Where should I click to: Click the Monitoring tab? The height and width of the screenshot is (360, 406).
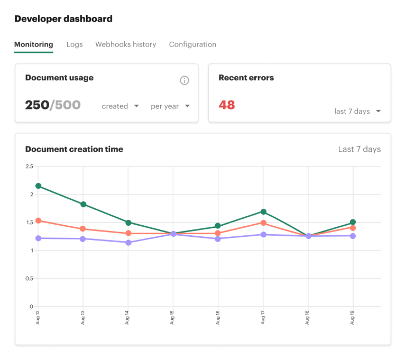click(x=33, y=44)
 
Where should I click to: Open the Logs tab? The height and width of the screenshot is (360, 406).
click(x=75, y=44)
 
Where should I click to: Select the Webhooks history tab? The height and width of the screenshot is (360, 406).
click(x=125, y=44)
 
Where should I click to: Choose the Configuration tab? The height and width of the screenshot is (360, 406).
click(x=192, y=44)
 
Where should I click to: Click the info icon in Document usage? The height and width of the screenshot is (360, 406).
click(x=184, y=80)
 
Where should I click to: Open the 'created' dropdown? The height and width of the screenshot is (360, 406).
click(x=120, y=106)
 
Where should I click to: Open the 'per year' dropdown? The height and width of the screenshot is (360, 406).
click(x=170, y=106)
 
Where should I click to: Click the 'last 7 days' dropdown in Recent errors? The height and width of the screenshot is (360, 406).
click(x=357, y=112)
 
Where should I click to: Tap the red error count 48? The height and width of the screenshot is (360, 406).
click(x=227, y=105)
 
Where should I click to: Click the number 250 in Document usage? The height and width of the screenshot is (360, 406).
click(x=37, y=105)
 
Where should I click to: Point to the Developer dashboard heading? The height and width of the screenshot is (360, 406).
click(x=63, y=19)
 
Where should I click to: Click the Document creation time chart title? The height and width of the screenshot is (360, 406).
click(x=74, y=149)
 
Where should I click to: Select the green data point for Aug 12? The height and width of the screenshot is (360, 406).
click(x=38, y=186)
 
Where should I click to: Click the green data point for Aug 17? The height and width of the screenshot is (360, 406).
click(x=263, y=212)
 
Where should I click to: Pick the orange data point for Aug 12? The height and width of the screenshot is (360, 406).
click(x=38, y=220)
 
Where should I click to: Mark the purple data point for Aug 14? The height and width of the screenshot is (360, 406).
click(x=128, y=243)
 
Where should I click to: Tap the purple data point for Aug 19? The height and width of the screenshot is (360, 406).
click(x=353, y=236)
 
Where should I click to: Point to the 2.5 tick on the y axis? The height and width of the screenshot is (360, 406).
click(x=29, y=167)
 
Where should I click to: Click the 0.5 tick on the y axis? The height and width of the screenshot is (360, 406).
click(x=29, y=279)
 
